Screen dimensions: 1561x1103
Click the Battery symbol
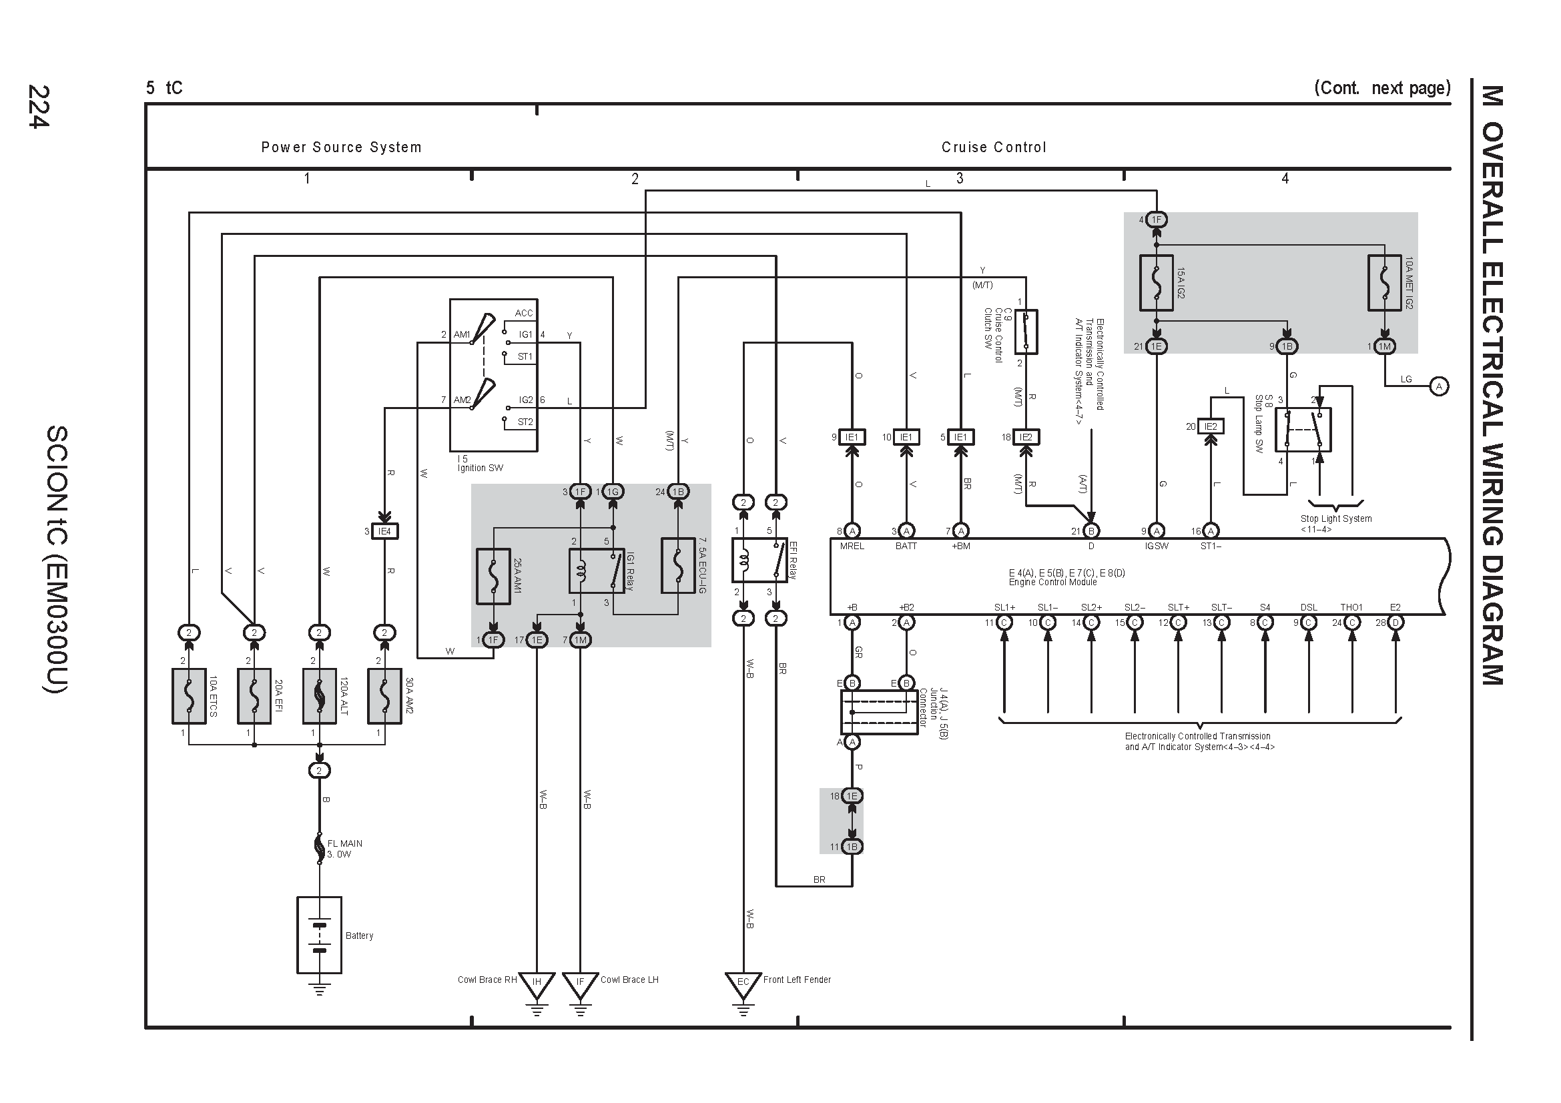click(319, 934)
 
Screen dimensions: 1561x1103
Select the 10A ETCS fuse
click(189, 696)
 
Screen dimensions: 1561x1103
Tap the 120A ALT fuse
click(319, 696)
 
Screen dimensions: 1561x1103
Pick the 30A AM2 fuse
click(384, 696)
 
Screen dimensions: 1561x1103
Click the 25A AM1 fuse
click(493, 577)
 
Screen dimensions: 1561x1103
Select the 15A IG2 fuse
click(1156, 283)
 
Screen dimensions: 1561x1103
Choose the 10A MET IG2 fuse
click(1384, 283)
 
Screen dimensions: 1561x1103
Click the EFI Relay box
click(759, 560)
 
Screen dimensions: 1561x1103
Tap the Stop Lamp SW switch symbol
click(1303, 430)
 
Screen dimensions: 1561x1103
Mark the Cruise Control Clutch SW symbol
click(1025, 332)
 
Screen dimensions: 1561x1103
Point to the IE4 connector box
click(384, 530)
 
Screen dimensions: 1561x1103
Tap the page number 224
click(39, 106)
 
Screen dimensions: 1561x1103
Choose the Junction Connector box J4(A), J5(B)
click(878, 712)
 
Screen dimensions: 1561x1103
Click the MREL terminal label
click(851, 546)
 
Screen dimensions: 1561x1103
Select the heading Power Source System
click(341, 147)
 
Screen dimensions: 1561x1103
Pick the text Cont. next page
click(1382, 87)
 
